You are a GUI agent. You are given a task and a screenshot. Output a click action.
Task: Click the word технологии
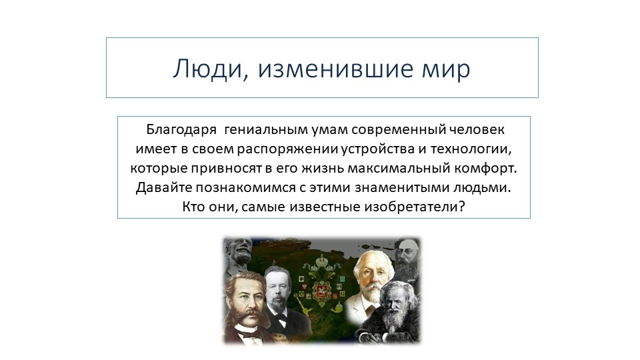click(475, 147)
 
